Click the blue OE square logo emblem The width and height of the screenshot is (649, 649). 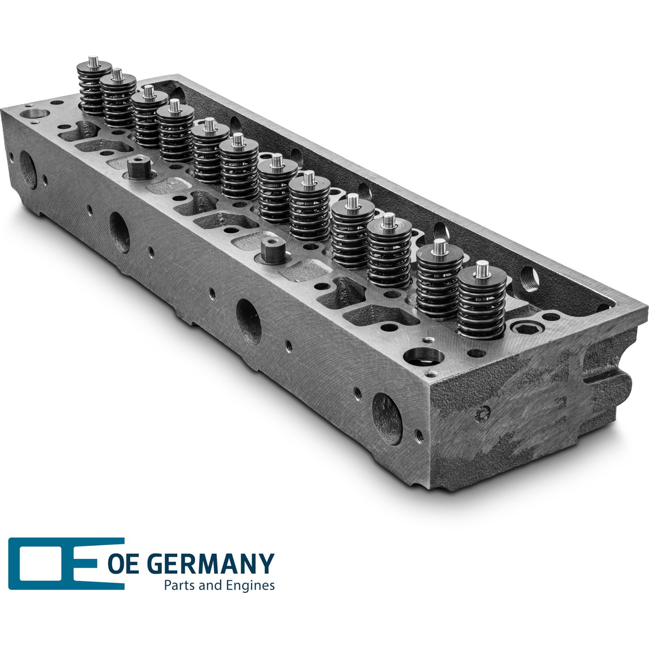tap(66, 563)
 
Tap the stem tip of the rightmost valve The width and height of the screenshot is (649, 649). tap(482, 267)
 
